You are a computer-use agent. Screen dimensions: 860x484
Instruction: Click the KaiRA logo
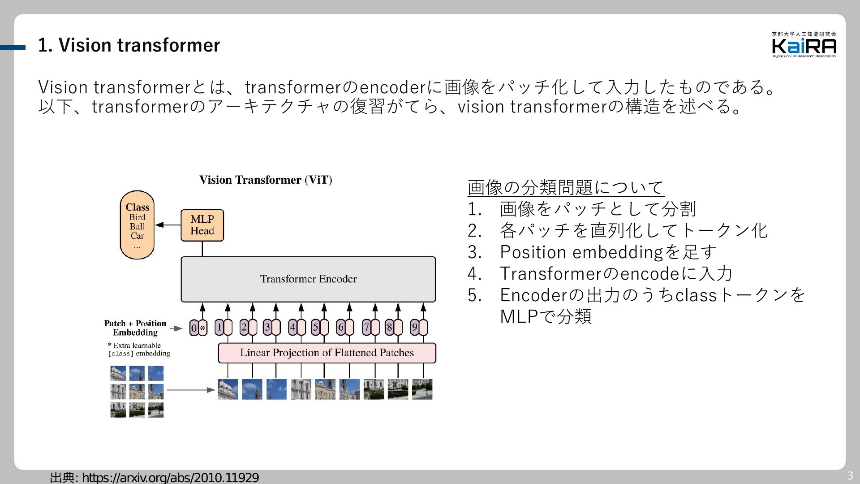click(x=804, y=45)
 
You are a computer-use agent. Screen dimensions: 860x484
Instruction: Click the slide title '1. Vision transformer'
click(x=129, y=45)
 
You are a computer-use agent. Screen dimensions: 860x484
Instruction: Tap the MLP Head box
click(x=202, y=225)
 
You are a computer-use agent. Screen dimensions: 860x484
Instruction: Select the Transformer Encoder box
click(x=308, y=279)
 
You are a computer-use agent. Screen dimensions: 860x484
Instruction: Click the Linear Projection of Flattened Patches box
click(x=327, y=353)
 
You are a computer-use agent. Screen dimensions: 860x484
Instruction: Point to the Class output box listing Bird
click(x=137, y=225)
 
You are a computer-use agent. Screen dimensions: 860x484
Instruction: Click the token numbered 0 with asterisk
click(x=198, y=328)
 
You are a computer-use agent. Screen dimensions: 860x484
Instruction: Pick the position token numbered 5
click(x=320, y=328)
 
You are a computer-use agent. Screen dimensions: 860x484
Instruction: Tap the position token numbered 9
click(x=419, y=328)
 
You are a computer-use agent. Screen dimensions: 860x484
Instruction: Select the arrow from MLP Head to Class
click(x=168, y=225)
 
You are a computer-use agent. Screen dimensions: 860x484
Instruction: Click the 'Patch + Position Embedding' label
click(x=135, y=328)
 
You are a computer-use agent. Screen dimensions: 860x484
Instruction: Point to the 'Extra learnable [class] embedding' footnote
click(x=139, y=350)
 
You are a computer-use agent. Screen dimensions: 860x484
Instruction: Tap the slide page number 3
click(x=850, y=476)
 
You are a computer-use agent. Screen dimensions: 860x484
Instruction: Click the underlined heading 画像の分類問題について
click(x=566, y=187)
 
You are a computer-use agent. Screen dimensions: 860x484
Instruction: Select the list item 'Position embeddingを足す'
click(x=608, y=252)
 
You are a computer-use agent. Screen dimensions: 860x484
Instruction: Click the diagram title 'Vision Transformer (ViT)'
click(x=266, y=180)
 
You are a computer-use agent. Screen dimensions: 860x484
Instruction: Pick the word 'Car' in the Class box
click(x=137, y=236)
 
